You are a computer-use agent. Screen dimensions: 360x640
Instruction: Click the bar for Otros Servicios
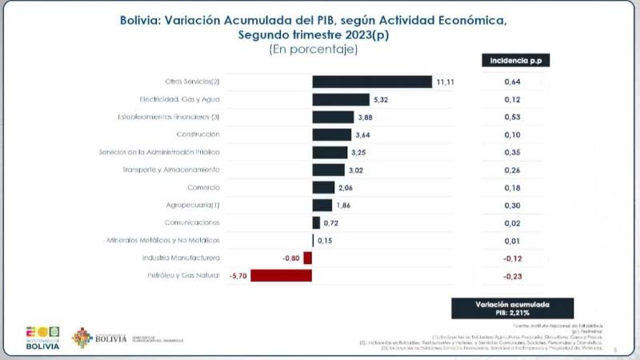pos(372,82)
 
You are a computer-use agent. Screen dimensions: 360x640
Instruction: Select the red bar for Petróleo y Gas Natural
pos(282,276)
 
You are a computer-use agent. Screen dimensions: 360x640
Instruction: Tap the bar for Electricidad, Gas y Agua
pos(341,99)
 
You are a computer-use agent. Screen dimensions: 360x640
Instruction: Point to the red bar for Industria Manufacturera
pos(307,258)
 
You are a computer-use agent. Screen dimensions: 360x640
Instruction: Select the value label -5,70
pos(239,276)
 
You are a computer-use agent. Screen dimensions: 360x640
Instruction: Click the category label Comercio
pos(203,187)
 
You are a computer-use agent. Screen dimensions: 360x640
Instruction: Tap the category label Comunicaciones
pos(192,222)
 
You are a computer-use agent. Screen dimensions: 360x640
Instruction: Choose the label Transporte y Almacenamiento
pos(170,170)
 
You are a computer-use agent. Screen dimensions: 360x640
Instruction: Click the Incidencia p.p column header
pos(515,61)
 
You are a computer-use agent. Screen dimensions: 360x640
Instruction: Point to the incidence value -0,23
pos(513,276)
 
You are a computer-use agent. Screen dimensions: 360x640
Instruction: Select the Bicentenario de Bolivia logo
pos(42,337)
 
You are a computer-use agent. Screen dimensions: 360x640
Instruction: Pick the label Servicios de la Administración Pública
pos(158,152)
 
